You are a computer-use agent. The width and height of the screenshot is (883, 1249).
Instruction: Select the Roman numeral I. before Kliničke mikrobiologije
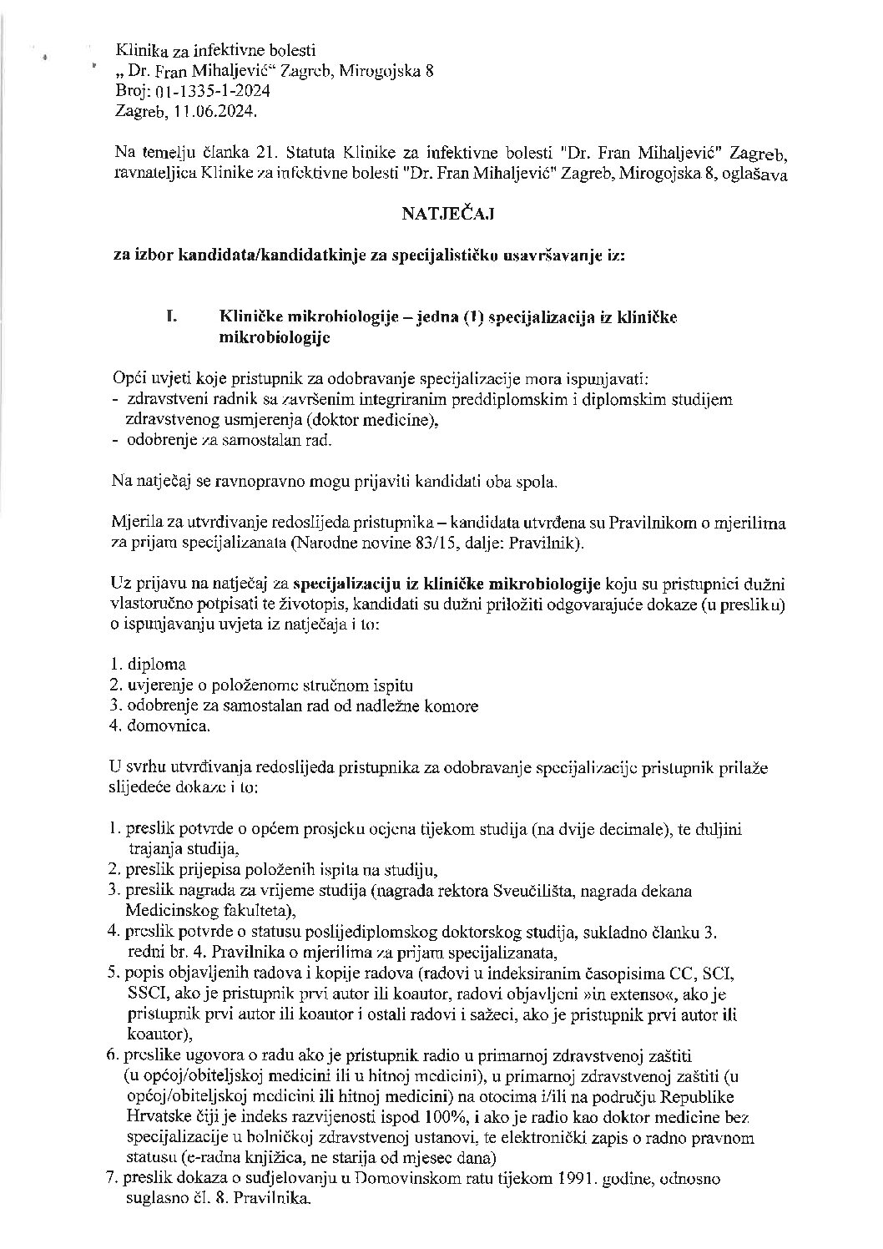(174, 317)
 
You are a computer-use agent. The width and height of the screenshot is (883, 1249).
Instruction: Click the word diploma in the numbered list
(157, 665)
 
